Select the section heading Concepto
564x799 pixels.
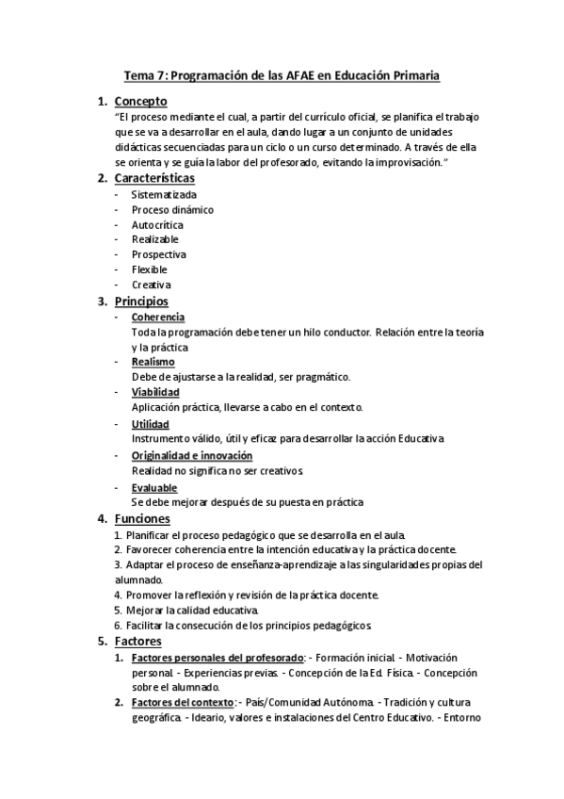(140, 101)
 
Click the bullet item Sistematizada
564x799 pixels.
(165, 195)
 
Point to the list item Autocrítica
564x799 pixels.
(157, 225)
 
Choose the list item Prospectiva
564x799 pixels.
(159, 254)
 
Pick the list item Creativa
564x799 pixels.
(152, 285)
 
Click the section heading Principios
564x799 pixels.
(141, 302)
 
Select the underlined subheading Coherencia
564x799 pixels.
(158, 318)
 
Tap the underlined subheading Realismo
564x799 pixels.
(153, 362)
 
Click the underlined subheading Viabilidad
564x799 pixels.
(155, 392)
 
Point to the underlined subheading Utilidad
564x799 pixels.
(151, 425)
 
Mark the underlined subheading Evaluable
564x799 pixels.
(153, 488)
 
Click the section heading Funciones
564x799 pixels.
(142, 519)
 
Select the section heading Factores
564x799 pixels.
(138, 642)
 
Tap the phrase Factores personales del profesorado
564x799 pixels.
(218, 658)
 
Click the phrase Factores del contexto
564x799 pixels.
(183, 703)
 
